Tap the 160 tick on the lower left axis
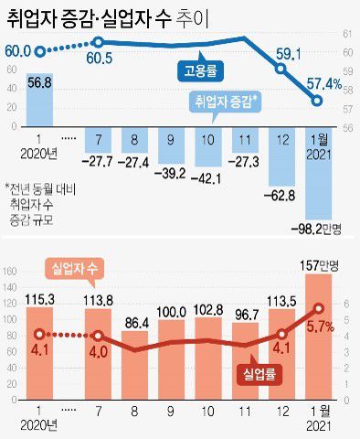click(x=12, y=273)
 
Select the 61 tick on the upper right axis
click(x=347, y=34)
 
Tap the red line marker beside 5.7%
click(x=317, y=308)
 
